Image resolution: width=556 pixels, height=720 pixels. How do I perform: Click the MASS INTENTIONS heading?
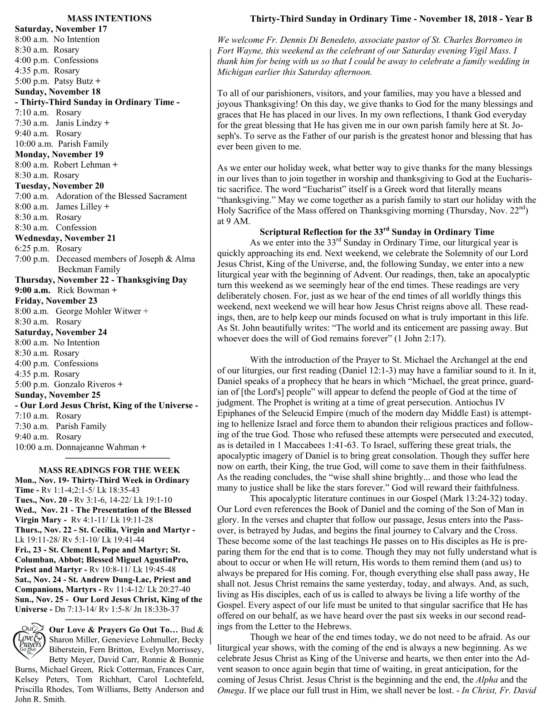coord(109,19)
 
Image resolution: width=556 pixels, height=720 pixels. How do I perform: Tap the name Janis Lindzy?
coord(79,123)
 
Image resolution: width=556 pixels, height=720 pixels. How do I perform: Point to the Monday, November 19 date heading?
coord(59,155)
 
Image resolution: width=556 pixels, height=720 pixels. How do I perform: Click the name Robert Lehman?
coord(82,165)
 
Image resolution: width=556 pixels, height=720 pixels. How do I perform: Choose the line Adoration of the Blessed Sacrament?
coord(121,196)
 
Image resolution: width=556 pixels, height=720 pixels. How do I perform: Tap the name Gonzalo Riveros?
coord(85,385)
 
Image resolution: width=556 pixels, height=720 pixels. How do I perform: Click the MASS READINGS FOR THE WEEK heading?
coord(109,470)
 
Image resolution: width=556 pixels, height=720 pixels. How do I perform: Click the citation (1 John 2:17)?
coord(420,338)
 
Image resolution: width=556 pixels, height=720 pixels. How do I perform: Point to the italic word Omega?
coord(230,690)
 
